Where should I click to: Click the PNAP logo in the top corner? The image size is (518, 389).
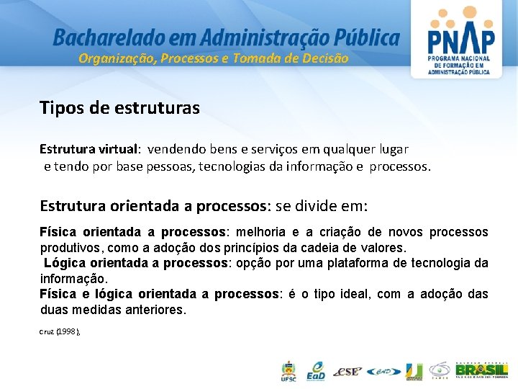[x=460, y=39]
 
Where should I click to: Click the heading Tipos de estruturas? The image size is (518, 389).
[x=119, y=108]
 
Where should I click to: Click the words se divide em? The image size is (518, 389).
[x=321, y=206]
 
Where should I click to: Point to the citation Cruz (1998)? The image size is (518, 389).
[x=60, y=331]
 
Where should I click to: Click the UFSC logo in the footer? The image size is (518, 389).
[x=288, y=372]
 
